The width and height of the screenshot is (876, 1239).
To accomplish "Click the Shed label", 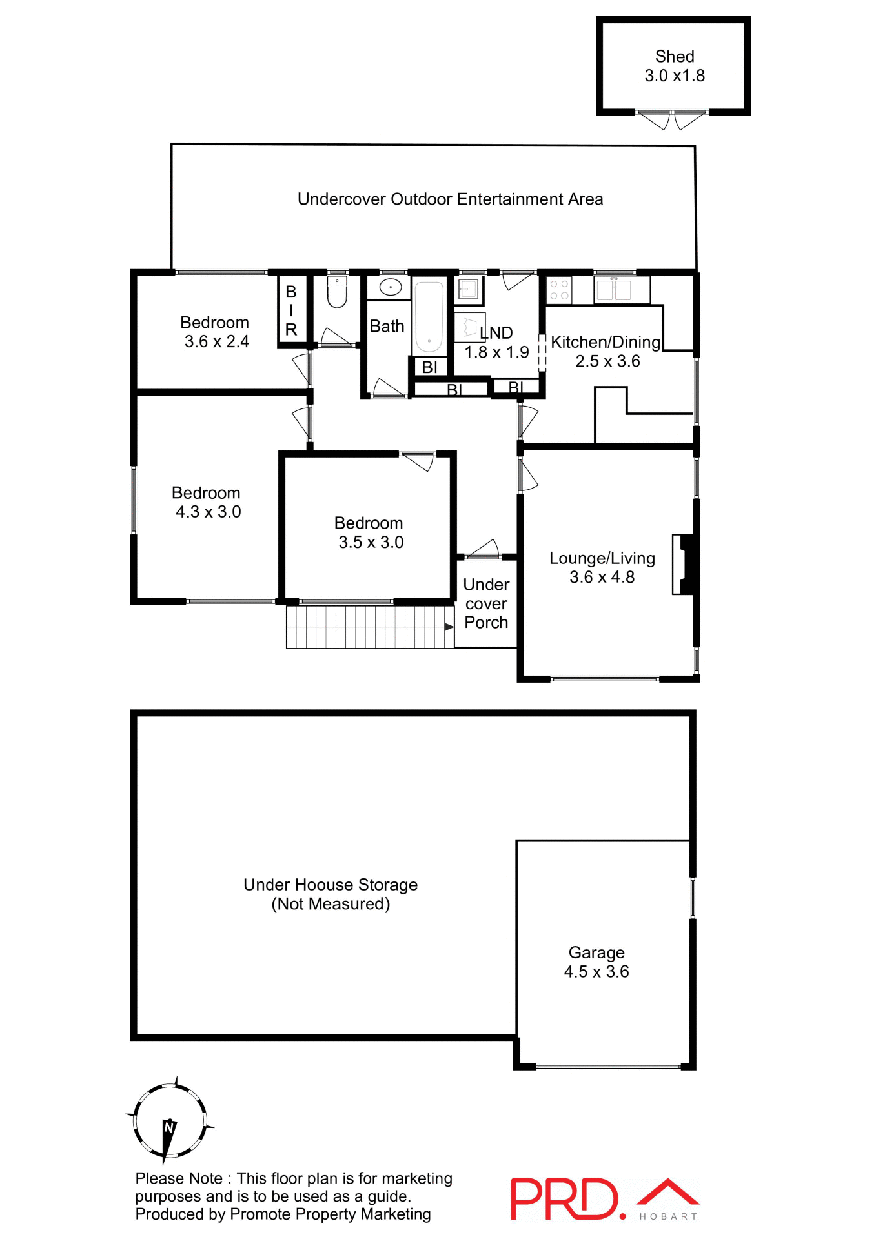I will pos(674,57).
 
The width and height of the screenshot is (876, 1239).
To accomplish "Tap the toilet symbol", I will pos(337,292).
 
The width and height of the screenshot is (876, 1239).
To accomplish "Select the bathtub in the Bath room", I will pos(428,316).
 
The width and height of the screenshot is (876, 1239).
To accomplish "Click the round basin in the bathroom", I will pos(390,287).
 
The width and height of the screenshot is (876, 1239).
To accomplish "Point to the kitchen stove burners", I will pos(559,290).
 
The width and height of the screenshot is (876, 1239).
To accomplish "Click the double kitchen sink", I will pos(613,290).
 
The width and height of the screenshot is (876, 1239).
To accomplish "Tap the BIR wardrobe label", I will pos(291,310).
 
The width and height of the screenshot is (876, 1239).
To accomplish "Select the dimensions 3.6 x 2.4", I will pos(217,341).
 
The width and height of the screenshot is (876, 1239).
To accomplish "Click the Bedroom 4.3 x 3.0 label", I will pos(207,502).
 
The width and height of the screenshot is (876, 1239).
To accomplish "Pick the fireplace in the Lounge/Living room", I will pos(685,564).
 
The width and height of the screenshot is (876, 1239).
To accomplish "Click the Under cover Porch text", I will pos(486,603).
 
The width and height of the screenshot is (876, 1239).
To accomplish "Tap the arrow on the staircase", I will pos(449,627).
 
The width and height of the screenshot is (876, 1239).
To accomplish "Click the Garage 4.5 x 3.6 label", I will pos(596,962).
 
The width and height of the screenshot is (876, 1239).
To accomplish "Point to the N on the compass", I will pos(169,1127).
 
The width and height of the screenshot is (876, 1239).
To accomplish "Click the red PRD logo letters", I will pos(565,1199).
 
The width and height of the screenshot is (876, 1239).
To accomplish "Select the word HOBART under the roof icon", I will pos(668,1216).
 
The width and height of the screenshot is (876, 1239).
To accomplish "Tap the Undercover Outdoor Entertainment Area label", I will pos(450,199).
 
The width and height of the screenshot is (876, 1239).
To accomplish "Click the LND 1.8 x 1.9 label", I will pos(496,343).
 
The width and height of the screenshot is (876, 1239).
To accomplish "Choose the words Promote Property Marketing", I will pos(331,1214).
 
